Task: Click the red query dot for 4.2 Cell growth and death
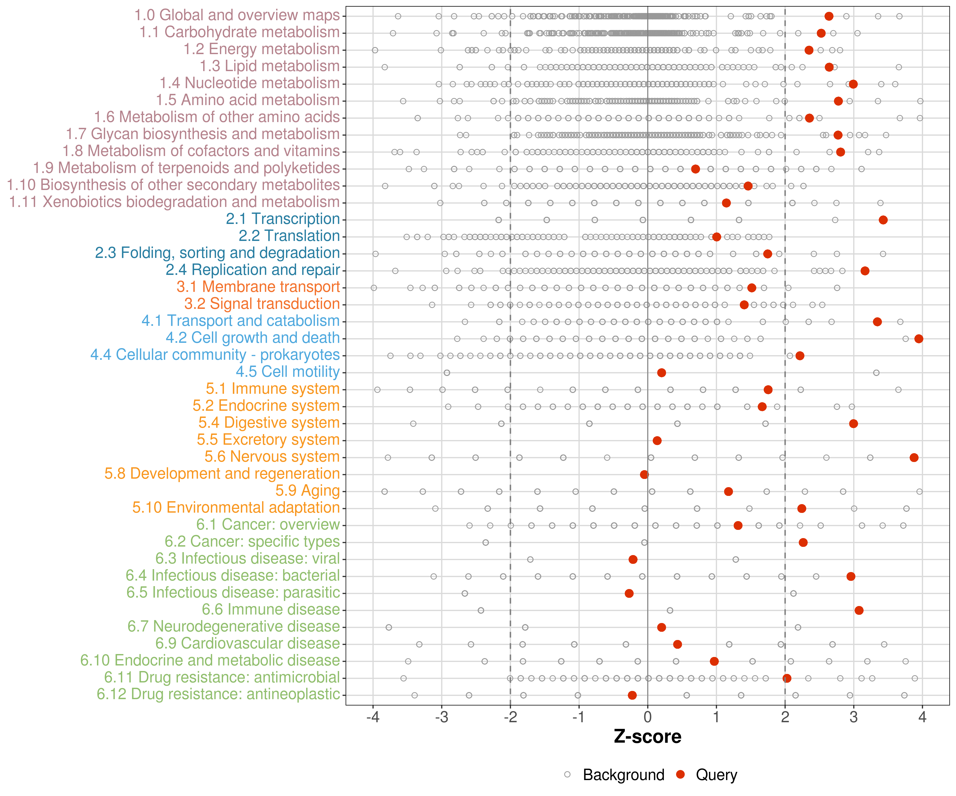pos(919,339)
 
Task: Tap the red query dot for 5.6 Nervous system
pos(914,458)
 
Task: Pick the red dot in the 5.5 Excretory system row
pos(657,441)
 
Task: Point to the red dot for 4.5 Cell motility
pos(661,373)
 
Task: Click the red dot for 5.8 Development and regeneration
pos(644,475)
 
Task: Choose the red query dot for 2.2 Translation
pos(716,237)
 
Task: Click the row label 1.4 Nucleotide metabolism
pos(249,83)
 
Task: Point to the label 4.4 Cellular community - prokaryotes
pos(215,355)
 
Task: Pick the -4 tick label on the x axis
pos(372,718)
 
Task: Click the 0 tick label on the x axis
pos(647,718)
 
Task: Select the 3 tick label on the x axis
pos(853,718)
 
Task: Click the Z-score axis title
pos(647,737)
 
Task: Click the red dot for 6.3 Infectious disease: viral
pos(633,560)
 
